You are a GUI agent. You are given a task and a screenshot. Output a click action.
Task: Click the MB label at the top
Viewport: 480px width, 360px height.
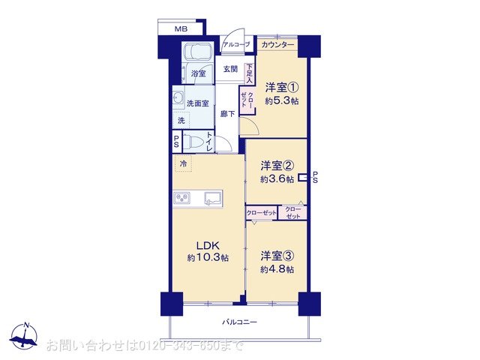click(181, 28)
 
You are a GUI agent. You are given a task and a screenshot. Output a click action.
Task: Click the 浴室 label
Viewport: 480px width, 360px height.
click(198, 74)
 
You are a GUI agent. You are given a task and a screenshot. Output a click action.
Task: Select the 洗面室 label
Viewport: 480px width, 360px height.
click(198, 103)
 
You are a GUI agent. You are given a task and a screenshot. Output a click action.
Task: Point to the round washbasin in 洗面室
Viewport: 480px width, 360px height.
click(179, 97)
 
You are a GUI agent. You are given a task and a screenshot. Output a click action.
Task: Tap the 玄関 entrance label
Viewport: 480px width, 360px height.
click(230, 70)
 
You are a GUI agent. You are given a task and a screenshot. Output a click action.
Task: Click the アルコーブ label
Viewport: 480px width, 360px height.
click(236, 45)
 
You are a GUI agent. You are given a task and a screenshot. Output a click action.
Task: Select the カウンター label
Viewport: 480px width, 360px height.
click(278, 45)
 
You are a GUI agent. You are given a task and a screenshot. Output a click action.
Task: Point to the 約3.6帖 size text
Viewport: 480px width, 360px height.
click(277, 179)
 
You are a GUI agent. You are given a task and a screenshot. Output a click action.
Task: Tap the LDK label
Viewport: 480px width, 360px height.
click(208, 244)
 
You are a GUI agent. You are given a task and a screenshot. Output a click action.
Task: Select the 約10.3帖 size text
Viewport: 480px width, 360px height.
click(208, 258)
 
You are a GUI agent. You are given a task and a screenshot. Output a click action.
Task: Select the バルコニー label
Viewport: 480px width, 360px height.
click(239, 322)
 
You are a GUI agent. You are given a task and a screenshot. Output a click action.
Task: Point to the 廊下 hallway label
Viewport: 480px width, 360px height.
click(228, 114)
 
